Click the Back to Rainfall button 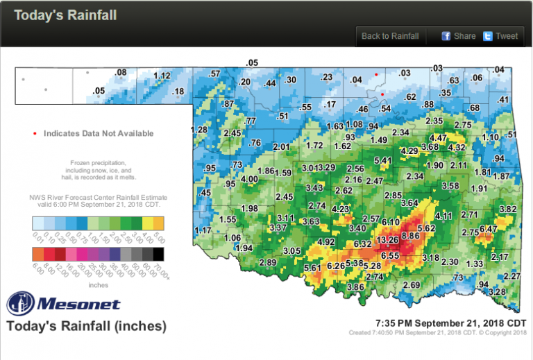390,36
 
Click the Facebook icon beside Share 446,36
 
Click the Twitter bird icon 488,36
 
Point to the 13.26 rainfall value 387,240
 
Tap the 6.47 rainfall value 489,229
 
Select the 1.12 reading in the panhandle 162,76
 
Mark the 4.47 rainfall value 438,138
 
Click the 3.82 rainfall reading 508,209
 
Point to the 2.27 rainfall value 511,277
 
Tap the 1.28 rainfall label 199,130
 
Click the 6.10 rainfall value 390,222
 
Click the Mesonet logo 63,304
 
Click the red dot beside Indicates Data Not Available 35,133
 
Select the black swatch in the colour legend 159,255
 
